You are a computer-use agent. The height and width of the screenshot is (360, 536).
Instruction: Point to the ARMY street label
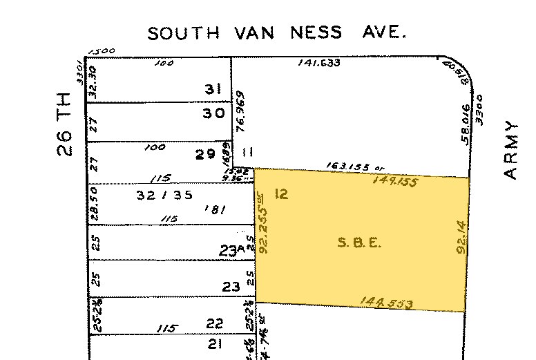pos(510,150)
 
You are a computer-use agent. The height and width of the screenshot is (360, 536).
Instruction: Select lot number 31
pos(212,89)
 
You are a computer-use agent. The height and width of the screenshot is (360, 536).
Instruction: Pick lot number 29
pos(205,154)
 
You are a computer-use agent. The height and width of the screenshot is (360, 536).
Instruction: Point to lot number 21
pos(215,343)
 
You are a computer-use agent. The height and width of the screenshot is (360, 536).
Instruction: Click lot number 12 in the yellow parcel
pos(280,193)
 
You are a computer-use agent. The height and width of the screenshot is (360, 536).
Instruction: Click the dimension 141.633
pos(319,63)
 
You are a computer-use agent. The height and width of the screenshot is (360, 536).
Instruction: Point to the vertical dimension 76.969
pos(240,110)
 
